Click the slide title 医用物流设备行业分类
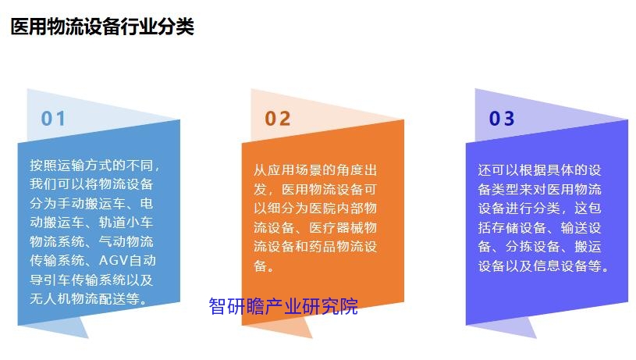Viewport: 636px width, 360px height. [102, 27]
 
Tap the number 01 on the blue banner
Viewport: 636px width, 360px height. [53, 119]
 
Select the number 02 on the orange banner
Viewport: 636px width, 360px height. [278, 119]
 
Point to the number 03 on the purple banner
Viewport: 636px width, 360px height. [502, 119]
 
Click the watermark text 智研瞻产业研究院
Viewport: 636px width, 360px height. [283, 306]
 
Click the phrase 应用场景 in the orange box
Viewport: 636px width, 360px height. [294, 170]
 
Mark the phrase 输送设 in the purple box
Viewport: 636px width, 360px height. [581, 228]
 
